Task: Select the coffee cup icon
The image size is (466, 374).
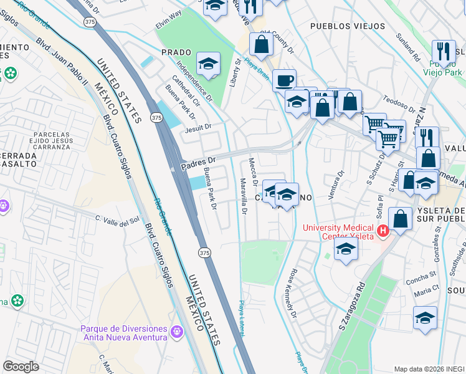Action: click(284, 80)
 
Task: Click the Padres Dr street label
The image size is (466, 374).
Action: click(197, 163)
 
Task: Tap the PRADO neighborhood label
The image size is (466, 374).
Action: click(175, 52)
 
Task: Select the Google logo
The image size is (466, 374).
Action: click(21, 366)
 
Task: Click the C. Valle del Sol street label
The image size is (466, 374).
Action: click(117, 219)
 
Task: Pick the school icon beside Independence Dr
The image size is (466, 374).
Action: click(209, 63)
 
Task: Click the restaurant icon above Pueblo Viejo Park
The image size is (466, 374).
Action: click(444, 50)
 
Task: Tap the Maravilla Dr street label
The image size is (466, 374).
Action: click(244, 196)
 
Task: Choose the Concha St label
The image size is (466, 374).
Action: click(424, 275)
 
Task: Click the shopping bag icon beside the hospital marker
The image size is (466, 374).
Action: click(401, 218)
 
